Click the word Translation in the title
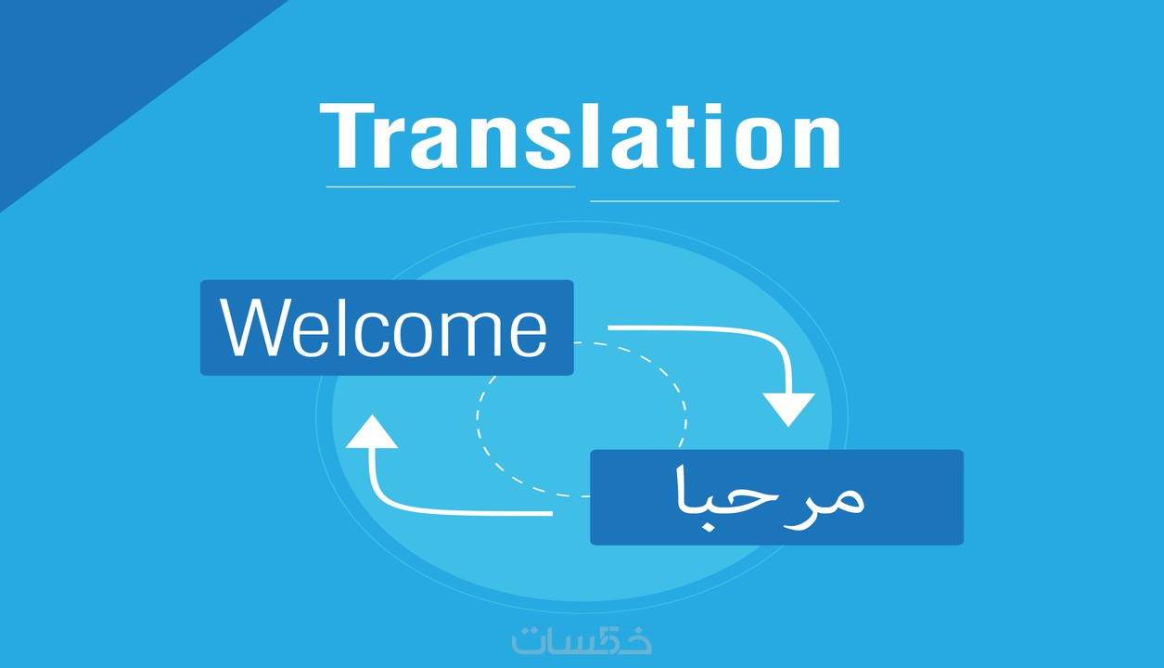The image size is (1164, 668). [x=580, y=137]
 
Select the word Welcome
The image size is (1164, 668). [x=384, y=328]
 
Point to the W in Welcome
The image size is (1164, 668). [x=254, y=328]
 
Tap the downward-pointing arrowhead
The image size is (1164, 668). [x=788, y=407]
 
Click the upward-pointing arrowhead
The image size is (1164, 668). [x=371, y=433]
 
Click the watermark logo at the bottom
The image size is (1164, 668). [x=582, y=640]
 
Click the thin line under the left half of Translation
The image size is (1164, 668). [x=451, y=186]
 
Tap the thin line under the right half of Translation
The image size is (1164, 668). [x=714, y=200]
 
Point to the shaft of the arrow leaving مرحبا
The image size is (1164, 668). [x=464, y=511]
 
